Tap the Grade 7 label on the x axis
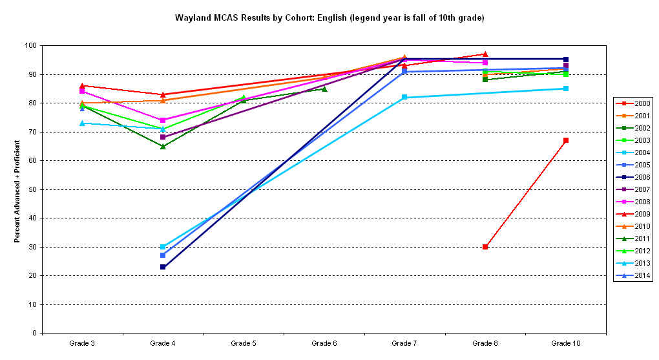(x=404, y=343)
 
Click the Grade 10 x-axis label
(x=565, y=343)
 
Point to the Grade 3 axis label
(x=82, y=343)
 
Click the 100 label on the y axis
(x=29, y=46)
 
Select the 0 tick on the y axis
(x=33, y=334)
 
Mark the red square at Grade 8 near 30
(x=485, y=247)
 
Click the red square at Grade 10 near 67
(x=566, y=140)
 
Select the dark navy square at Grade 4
(x=163, y=267)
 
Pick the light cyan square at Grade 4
(x=163, y=247)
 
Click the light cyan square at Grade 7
(x=404, y=97)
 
